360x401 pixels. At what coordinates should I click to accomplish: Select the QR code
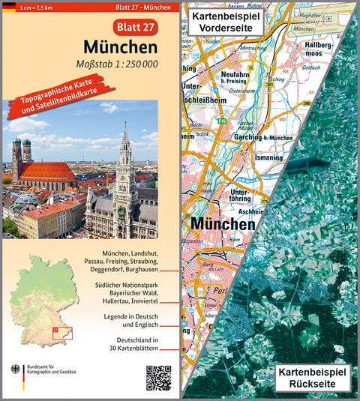tap(158, 377)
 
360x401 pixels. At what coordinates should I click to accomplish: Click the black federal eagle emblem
tap(15, 371)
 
